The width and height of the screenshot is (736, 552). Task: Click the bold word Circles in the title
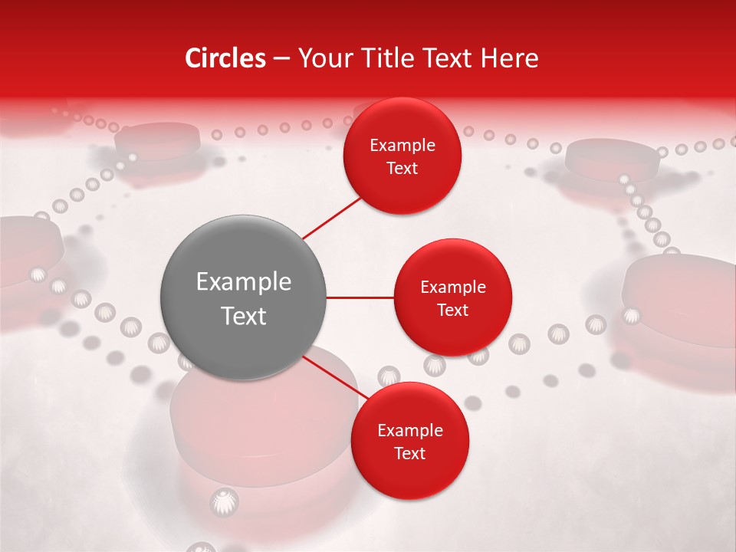point(225,58)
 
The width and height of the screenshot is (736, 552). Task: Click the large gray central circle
point(243,297)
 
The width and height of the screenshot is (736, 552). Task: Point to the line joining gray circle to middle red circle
point(360,297)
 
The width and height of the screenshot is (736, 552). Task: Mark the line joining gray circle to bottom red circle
point(333,376)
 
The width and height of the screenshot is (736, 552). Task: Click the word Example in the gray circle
point(243,282)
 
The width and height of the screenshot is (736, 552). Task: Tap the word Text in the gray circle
point(243,316)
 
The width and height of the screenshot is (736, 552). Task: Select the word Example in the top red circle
point(402,146)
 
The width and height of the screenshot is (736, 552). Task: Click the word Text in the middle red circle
point(452,310)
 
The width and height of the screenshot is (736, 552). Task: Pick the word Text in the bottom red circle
point(409,454)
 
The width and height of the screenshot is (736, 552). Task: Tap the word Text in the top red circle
point(402,169)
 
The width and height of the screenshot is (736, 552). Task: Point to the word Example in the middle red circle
point(452,287)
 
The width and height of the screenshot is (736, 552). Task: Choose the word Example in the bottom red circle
point(409,431)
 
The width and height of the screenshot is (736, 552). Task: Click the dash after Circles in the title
point(281,58)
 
